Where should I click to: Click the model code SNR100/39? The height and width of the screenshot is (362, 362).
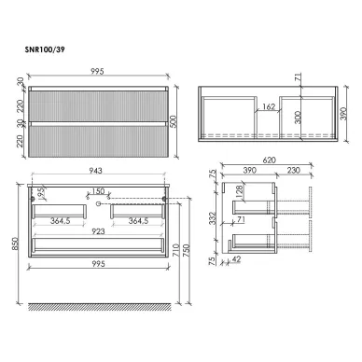(45, 49)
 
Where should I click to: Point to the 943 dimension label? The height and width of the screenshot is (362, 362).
(95, 171)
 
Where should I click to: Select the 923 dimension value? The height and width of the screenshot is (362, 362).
(98, 231)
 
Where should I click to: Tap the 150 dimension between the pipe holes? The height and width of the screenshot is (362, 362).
(98, 191)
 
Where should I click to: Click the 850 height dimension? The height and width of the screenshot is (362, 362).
(16, 244)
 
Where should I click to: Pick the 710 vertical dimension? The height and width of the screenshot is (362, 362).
(176, 250)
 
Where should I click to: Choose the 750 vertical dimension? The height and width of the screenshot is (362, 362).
(186, 250)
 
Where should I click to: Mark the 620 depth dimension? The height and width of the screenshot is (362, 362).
(269, 160)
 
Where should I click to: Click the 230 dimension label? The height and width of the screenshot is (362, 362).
(293, 171)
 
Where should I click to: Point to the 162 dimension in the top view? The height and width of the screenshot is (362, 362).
(269, 106)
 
